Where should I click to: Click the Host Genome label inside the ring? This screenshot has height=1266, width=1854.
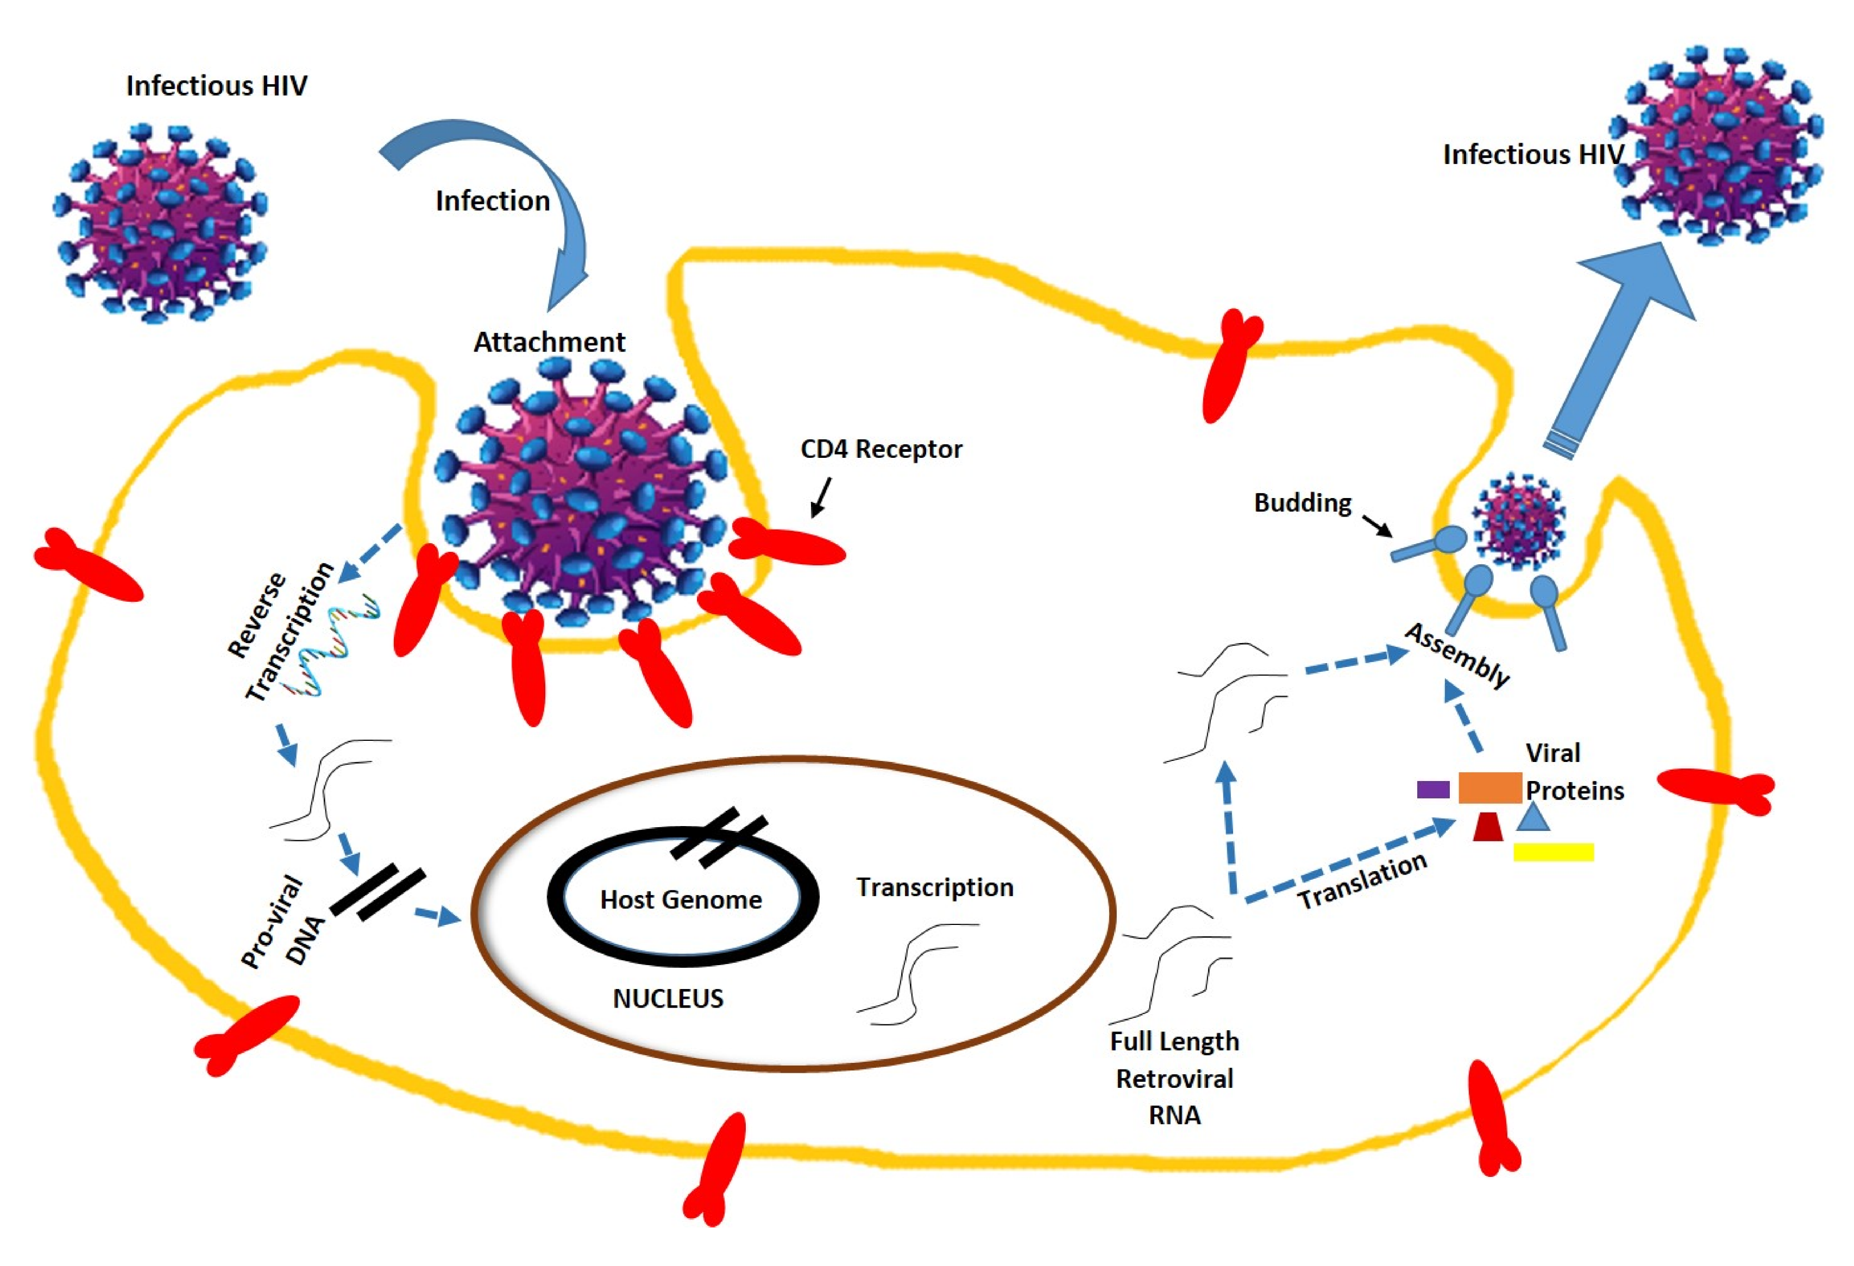coord(681,900)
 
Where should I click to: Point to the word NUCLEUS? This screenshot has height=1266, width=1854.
coord(668,999)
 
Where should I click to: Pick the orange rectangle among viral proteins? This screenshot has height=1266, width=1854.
coord(1488,788)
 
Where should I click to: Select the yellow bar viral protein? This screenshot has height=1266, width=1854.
coord(1553,853)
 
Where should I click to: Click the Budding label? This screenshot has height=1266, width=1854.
coord(1302,503)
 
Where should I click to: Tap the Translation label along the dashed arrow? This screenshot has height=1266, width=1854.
coord(1362,881)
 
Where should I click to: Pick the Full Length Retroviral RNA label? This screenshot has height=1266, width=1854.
coord(1174,1078)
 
